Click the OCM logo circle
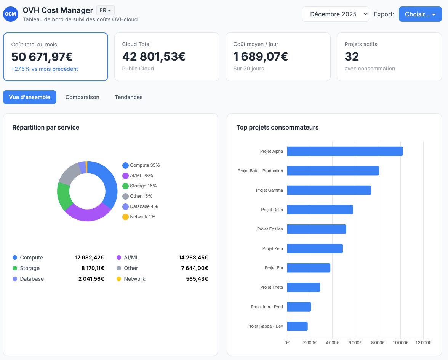point(11,14)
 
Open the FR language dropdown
point(106,10)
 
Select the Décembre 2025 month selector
point(335,14)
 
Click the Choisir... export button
point(420,14)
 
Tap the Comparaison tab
point(82,97)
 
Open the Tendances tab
point(129,97)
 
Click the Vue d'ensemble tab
point(30,97)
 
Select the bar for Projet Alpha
point(345,152)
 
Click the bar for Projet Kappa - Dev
point(298,326)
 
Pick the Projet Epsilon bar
point(317,229)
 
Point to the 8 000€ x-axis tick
point(378,342)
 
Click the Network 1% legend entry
point(139,217)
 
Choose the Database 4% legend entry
point(140,206)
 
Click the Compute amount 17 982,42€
point(90,258)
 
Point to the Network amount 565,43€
point(197,279)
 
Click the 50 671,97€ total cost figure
point(42,57)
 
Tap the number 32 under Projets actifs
point(352,56)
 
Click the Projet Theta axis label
point(271,287)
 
